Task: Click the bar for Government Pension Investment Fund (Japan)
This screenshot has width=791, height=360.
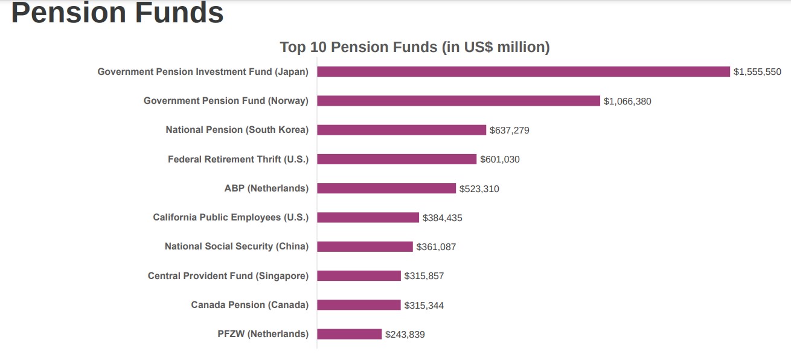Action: (x=523, y=72)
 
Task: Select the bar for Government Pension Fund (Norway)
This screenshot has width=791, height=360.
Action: (x=458, y=101)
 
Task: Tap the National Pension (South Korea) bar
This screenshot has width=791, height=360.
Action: (x=402, y=130)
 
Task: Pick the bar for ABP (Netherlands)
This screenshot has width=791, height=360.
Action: (x=386, y=188)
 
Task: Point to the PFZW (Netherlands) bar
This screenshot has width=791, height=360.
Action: (x=350, y=334)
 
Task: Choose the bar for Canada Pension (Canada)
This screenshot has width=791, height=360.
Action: (x=359, y=305)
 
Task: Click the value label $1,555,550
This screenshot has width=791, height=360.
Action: (x=757, y=72)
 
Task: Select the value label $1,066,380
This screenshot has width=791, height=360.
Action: (x=627, y=101)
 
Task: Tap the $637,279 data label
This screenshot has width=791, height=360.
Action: (x=510, y=130)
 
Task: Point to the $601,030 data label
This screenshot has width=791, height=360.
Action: (x=500, y=159)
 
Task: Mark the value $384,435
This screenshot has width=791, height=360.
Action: (x=443, y=218)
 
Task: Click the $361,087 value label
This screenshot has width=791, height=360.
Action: (x=436, y=247)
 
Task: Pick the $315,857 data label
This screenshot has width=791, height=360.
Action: (x=424, y=276)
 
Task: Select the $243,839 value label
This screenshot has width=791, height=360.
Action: (x=405, y=335)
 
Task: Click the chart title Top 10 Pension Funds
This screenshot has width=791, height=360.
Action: (x=415, y=47)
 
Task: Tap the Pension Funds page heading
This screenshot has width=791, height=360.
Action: (x=118, y=13)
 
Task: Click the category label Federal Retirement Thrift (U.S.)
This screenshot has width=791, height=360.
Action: (x=238, y=159)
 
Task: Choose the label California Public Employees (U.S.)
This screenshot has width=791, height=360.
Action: (x=231, y=217)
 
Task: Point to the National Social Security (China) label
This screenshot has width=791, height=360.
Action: (x=237, y=246)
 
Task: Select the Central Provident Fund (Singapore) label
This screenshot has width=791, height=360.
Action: (x=228, y=276)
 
